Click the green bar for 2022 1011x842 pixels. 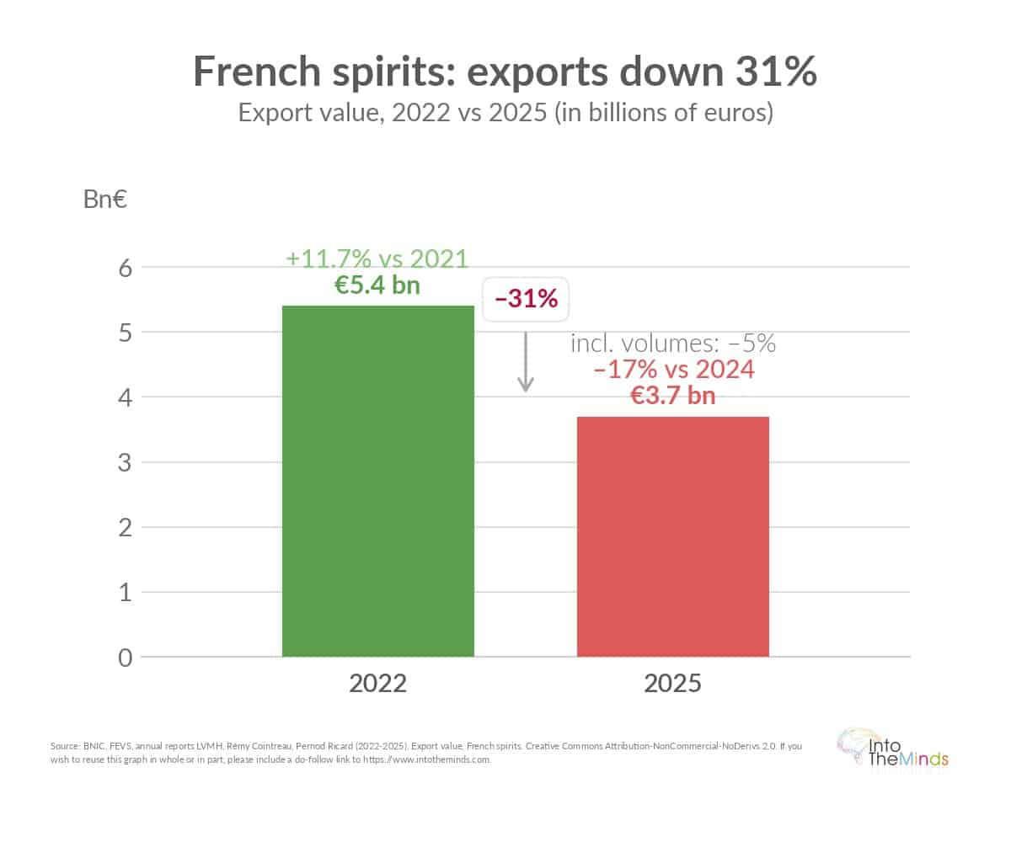(x=377, y=480)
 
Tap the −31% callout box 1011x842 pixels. (x=526, y=298)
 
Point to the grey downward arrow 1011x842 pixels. (x=526, y=361)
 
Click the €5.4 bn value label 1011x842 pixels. (x=377, y=285)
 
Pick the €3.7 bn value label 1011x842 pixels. (x=673, y=393)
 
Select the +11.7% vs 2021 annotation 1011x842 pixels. (x=377, y=258)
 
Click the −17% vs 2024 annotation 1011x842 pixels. (x=673, y=368)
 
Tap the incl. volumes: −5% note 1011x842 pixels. (x=673, y=343)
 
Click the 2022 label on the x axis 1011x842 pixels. (x=377, y=682)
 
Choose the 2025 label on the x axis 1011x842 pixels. (x=672, y=682)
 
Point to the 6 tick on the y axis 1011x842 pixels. (x=125, y=268)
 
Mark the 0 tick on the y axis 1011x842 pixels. (x=125, y=657)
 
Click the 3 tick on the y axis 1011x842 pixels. (x=125, y=462)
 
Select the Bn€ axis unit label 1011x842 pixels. (x=105, y=200)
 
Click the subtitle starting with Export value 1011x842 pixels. (x=505, y=112)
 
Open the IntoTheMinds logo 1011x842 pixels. (x=893, y=749)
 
